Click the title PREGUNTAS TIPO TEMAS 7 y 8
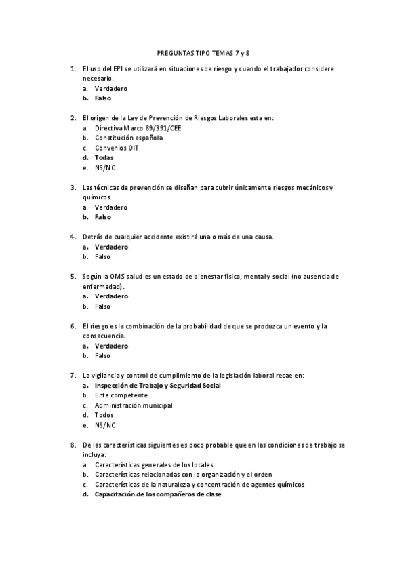(203, 52)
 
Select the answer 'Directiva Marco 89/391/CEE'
(129, 127)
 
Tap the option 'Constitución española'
(129, 138)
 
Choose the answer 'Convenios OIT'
(117, 148)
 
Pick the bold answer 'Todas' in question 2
(104, 157)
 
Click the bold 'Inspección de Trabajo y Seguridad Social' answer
(158, 385)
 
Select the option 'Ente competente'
(121, 395)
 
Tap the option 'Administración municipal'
(134, 405)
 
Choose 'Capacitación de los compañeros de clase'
(158, 494)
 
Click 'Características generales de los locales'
(154, 464)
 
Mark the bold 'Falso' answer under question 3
(103, 217)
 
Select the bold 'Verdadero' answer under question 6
(111, 346)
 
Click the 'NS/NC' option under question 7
(105, 425)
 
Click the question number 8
(73, 445)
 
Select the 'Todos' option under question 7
(104, 415)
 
